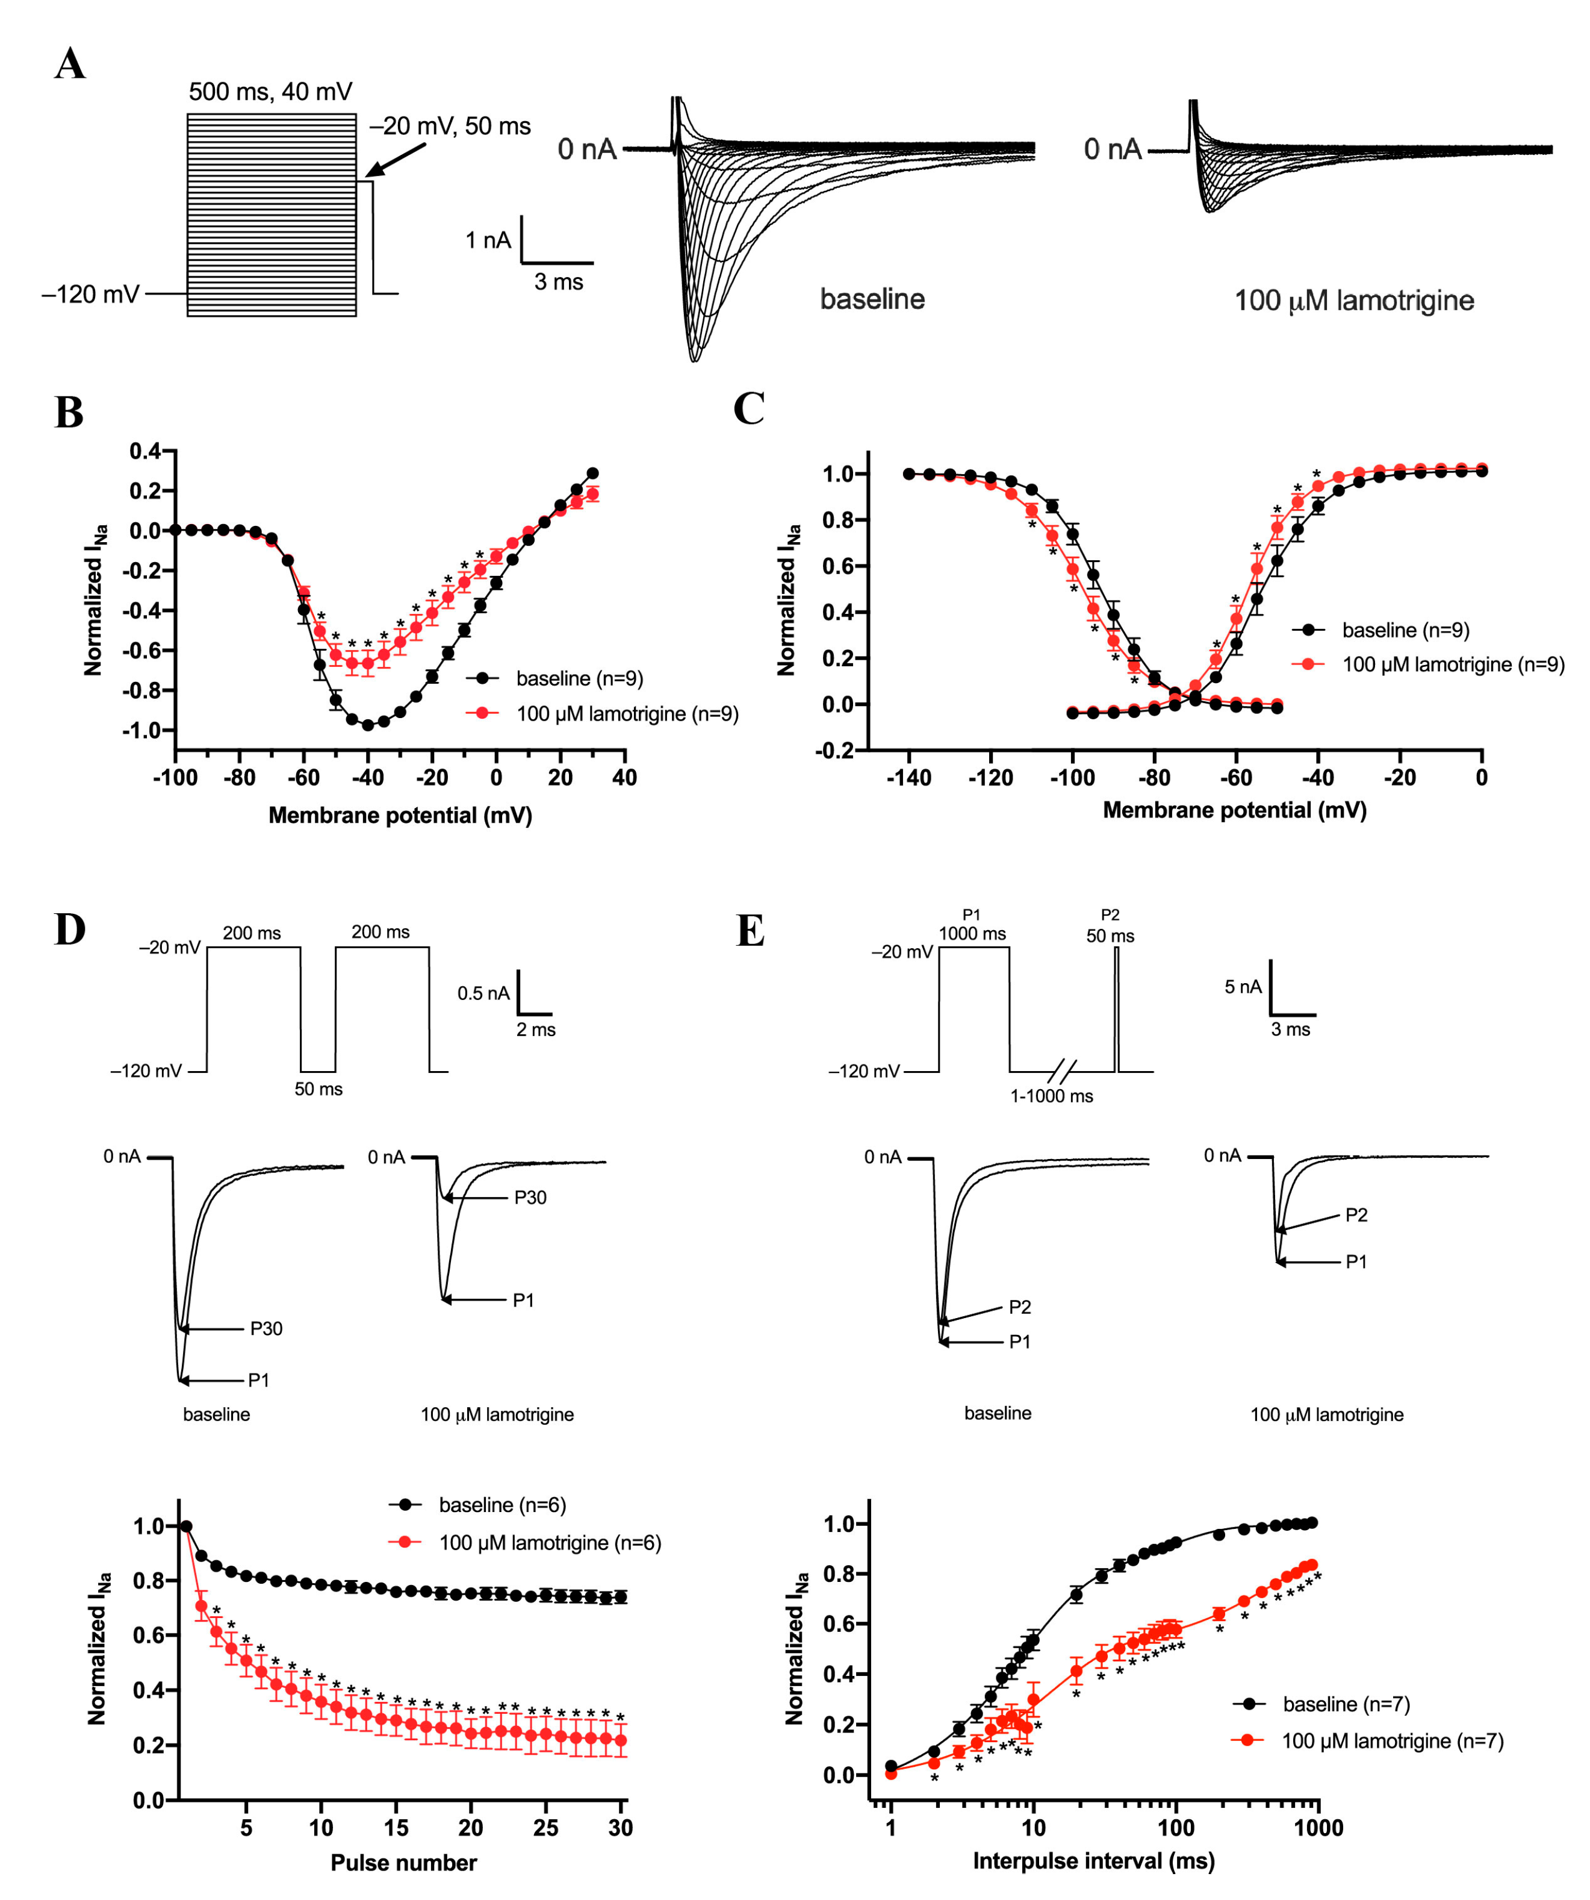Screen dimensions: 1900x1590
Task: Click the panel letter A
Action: pyautogui.click(x=70, y=65)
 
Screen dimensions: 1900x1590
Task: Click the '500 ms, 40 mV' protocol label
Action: pyautogui.click(x=270, y=92)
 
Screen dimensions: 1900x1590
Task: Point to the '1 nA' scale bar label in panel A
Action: pyautogui.click(x=488, y=240)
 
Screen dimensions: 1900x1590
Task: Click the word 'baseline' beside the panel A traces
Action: pyautogui.click(x=872, y=299)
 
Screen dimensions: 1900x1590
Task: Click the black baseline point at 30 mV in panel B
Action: pyautogui.click(x=592, y=473)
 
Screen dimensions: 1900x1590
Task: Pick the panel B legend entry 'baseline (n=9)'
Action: pyautogui.click(x=579, y=678)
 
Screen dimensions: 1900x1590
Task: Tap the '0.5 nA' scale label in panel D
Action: pyautogui.click(x=483, y=993)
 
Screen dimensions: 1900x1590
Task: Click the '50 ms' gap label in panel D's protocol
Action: pyautogui.click(x=318, y=1089)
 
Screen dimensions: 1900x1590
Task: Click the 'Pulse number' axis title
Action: pyautogui.click(x=403, y=1862)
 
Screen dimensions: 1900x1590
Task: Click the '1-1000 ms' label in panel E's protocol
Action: pyautogui.click(x=1051, y=1096)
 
